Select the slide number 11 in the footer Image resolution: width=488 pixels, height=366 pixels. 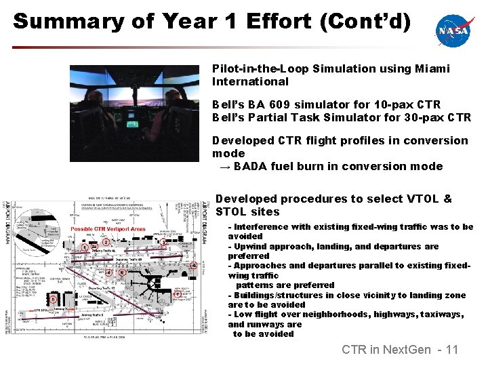pos(451,350)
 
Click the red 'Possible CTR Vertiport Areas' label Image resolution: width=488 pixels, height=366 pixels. pos(108,230)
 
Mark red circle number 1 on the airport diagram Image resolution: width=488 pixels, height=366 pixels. pos(84,247)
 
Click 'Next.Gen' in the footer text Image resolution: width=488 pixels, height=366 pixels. pos(407,350)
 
